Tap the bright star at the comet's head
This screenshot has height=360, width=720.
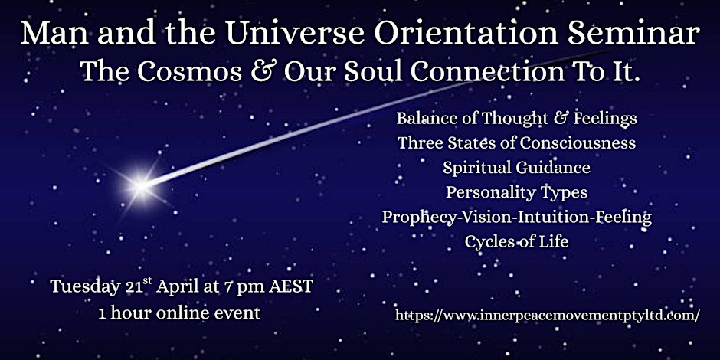point(141,186)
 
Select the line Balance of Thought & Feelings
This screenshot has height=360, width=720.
point(516,119)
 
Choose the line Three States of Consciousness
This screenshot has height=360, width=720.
point(516,143)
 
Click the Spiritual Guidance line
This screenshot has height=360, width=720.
point(516,168)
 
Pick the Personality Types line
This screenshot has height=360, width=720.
point(516,192)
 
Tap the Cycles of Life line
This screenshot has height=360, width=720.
point(516,241)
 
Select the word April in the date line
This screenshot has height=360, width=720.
point(176,287)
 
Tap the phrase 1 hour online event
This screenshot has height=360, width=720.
point(179,313)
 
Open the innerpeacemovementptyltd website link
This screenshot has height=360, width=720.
point(548,315)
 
